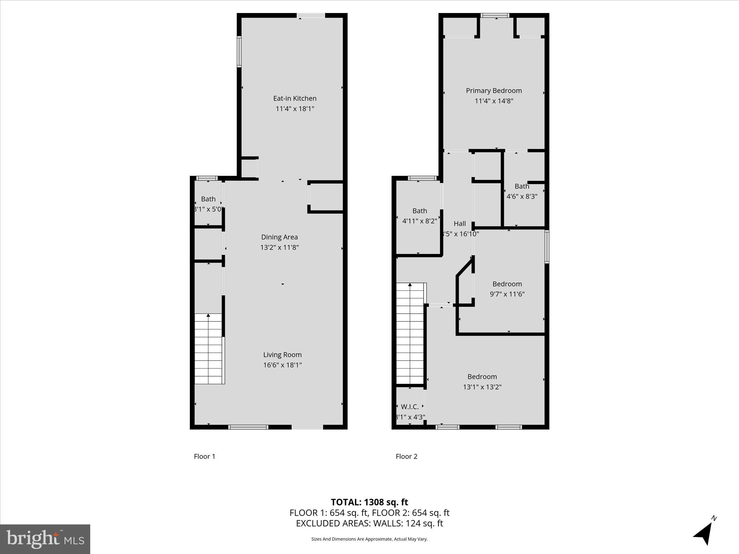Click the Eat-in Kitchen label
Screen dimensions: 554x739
point(294,98)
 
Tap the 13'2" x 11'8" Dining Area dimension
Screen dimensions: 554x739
point(279,247)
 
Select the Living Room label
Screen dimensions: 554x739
point(282,355)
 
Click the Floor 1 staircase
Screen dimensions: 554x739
point(208,348)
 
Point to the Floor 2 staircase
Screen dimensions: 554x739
point(410,334)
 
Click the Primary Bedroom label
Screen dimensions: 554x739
point(494,91)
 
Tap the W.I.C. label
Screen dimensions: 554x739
point(410,407)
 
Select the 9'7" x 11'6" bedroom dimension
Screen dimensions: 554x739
point(507,294)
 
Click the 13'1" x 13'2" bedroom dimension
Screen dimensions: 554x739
point(482,387)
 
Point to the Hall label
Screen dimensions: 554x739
point(460,224)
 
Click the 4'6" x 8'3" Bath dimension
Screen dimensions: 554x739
point(522,197)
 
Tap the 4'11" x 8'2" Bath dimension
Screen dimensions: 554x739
point(419,221)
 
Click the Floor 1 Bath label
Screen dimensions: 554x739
point(208,199)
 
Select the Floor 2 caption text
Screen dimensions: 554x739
point(406,456)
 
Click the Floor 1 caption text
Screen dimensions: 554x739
point(205,456)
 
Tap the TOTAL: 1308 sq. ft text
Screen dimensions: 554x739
point(369,502)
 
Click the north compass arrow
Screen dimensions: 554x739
point(704,533)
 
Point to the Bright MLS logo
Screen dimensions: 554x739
point(45,539)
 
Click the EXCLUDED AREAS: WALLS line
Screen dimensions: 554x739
point(369,523)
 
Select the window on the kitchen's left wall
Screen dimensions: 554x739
point(239,51)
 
